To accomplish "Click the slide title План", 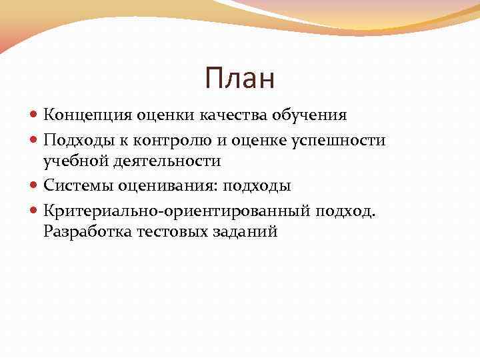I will pyautogui.click(x=240, y=79).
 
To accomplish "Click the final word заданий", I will pyautogui.click(x=244, y=233).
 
